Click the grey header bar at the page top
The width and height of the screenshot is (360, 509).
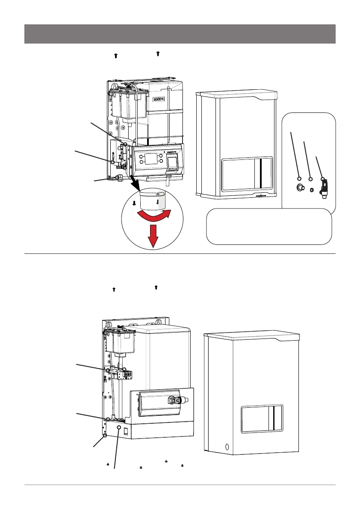[x=180, y=34]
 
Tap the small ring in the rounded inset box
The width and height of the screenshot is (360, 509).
[x=311, y=188]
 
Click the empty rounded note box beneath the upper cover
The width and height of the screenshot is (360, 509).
[x=269, y=226]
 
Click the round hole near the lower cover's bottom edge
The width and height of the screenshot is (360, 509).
[x=227, y=448]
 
